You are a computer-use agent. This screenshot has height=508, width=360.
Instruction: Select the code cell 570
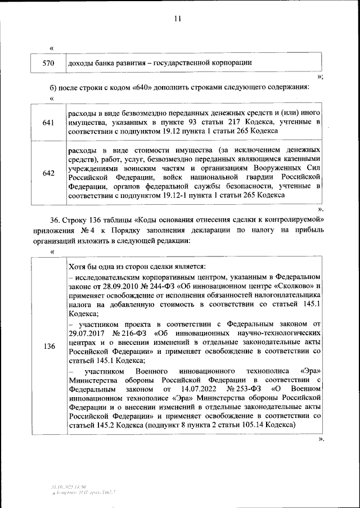tap(48, 63)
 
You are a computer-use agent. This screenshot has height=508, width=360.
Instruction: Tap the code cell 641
tap(48, 122)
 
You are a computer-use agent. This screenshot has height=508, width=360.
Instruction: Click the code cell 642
tap(48, 173)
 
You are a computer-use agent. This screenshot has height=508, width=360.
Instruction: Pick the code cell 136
tap(48, 347)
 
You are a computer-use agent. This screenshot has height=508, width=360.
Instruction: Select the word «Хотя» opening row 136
tap(76, 267)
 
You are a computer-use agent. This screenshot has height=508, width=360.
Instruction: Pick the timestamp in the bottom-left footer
tap(67, 485)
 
